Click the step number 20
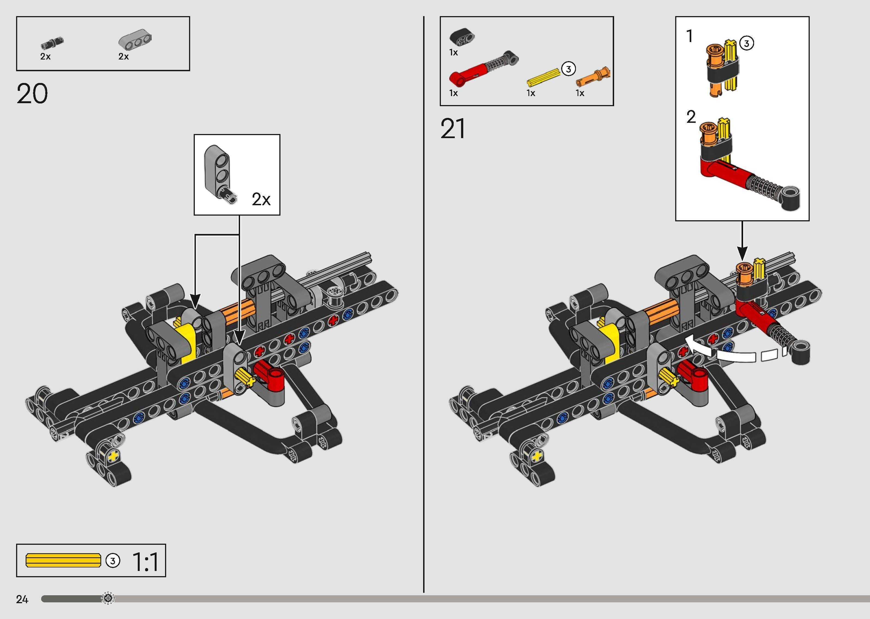[x=32, y=94]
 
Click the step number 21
[x=453, y=129]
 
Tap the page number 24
[x=22, y=600]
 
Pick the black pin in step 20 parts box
[x=52, y=42]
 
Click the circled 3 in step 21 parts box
[x=568, y=69]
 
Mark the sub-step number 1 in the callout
[x=689, y=37]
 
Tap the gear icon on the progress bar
[x=108, y=599]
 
